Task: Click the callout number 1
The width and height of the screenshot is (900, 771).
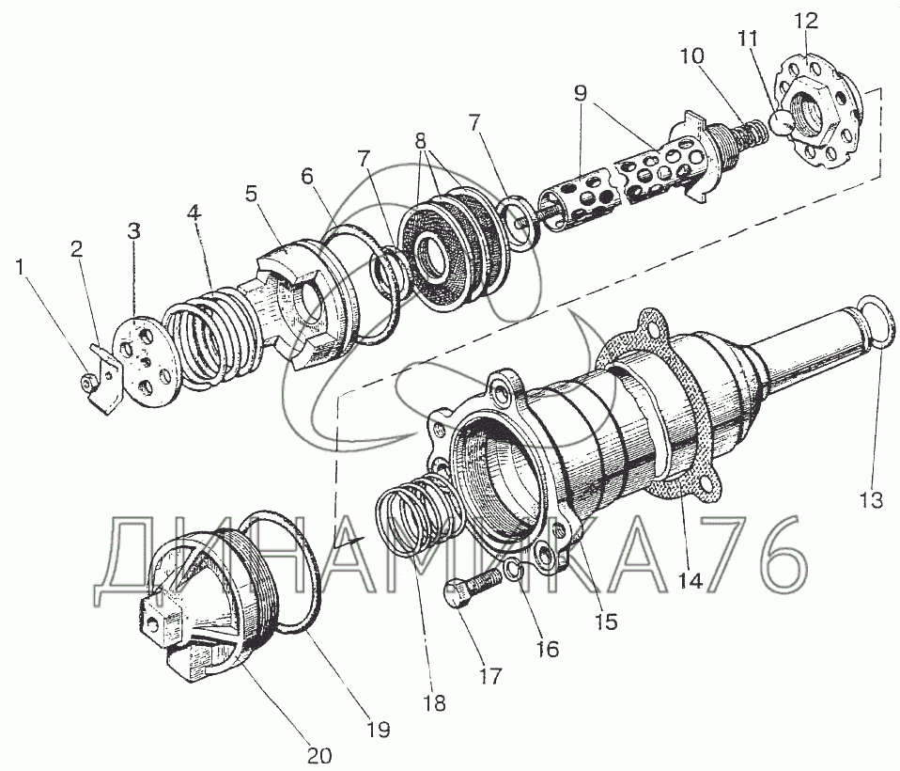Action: (22, 267)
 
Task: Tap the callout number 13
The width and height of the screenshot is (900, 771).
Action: (871, 500)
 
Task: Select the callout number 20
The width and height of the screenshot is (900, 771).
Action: (319, 754)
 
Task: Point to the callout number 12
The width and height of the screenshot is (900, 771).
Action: (806, 22)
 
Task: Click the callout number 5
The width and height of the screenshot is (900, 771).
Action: (252, 195)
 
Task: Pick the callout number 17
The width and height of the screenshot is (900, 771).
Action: (490, 676)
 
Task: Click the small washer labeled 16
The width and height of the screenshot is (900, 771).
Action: (514, 571)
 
